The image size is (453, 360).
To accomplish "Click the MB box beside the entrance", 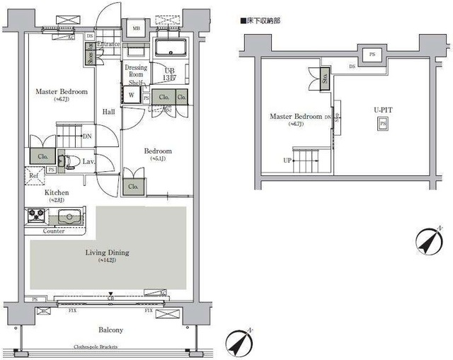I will (136, 29).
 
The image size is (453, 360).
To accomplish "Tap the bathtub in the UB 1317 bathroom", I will (170, 50).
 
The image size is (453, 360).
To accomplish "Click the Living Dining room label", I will (108, 252).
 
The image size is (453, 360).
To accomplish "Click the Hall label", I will (108, 112).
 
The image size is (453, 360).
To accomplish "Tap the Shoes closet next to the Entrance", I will (91, 54).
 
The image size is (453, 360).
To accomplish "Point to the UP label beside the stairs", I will (288, 161).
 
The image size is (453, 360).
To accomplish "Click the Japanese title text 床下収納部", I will (263, 21).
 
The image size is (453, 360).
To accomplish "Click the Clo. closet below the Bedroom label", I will (133, 187).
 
